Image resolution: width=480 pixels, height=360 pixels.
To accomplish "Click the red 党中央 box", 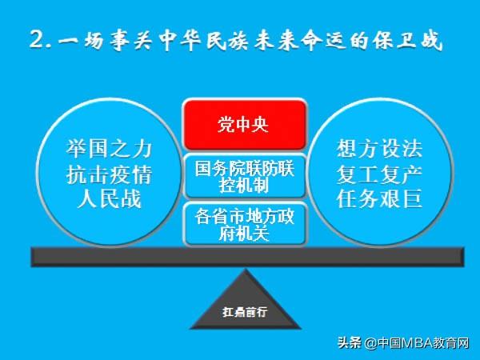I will point(244,125).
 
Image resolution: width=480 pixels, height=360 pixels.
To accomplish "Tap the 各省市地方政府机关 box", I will point(244,224).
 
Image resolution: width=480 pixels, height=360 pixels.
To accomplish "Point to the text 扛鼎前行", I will point(245,312).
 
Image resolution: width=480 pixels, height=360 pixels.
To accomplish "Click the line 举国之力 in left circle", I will point(108,149).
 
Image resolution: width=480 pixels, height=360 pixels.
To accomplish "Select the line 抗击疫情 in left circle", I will point(108,174).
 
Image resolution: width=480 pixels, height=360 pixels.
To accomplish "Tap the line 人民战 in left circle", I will point(108,198).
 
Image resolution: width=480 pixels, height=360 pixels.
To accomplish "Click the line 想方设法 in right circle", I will point(379,149).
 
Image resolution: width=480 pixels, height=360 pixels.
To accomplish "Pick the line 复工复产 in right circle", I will point(379,174).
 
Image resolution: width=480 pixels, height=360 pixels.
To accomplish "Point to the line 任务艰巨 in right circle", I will point(379,198).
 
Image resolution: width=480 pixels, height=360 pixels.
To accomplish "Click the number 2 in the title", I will point(37,39).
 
